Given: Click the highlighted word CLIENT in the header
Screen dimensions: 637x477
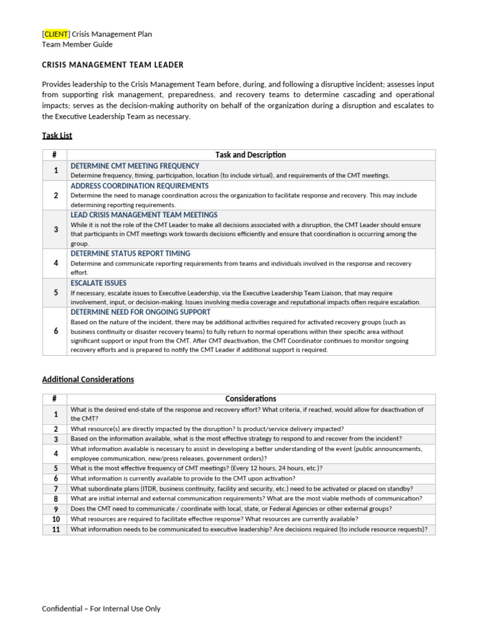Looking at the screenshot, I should pyautogui.click(x=57, y=34).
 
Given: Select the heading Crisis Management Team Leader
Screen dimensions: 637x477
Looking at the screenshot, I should pyautogui.click(x=112, y=65).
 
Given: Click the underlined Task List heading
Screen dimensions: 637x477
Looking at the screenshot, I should pyautogui.click(x=57, y=135).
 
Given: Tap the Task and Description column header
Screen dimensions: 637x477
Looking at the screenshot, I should pyautogui.click(x=251, y=155).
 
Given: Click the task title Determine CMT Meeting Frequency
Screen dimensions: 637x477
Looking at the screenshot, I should pyautogui.click(x=135, y=166).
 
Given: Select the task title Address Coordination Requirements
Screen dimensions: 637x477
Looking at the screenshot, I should pyautogui.click(x=139, y=186).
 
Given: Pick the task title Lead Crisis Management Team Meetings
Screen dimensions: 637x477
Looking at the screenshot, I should pyautogui.click(x=144, y=215).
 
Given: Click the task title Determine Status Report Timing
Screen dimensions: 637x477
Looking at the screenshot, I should pyautogui.click(x=130, y=254).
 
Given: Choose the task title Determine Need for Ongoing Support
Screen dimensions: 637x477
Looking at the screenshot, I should pyautogui.click(x=140, y=312).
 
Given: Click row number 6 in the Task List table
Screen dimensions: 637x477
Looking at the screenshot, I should pyautogui.click(x=55, y=331).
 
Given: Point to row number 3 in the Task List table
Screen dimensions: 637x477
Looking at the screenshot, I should pyautogui.click(x=55, y=230).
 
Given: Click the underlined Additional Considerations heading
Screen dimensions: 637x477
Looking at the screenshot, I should pyautogui.click(x=88, y=379).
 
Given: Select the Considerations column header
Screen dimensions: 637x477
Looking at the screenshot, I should pyautogui.click(x=251, y=399).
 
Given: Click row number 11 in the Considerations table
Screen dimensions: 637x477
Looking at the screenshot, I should pyautogui.click(x=55, y=529).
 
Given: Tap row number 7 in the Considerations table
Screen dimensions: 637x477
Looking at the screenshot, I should pyautogui.click(x=55, y=489).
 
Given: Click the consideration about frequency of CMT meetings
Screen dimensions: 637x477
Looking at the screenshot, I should pyautogui.click(x=196, y=468).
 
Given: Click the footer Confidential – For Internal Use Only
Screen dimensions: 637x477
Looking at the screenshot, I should pyautogui.click(x=101, y=608).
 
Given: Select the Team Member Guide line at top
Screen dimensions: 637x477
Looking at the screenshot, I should pyautogui.click(x=77, y=44).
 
